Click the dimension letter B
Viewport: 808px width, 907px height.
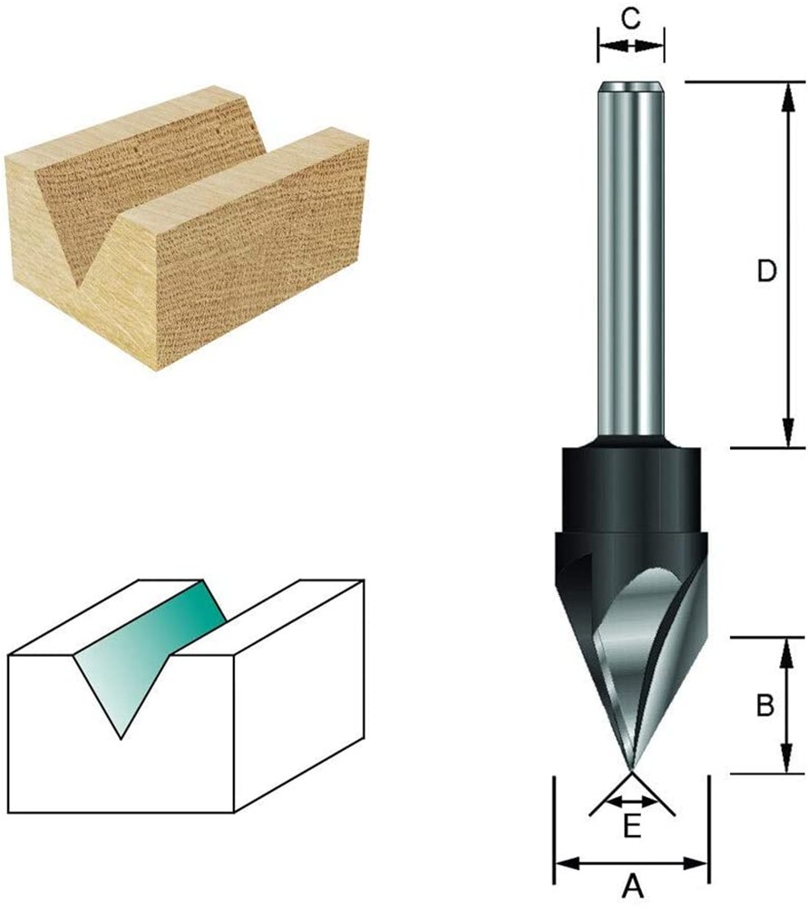click(x=764, y=706)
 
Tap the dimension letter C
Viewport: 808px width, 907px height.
click(x=631, y=18)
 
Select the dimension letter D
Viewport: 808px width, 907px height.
click(x=766, y=270)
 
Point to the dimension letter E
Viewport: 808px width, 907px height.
click(x=632, y=827)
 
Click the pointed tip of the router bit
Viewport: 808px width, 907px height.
click(x=632, y=769)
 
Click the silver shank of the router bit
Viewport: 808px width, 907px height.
click(x=631, y=260)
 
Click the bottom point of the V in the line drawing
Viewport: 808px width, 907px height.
click(x=121, y=738)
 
